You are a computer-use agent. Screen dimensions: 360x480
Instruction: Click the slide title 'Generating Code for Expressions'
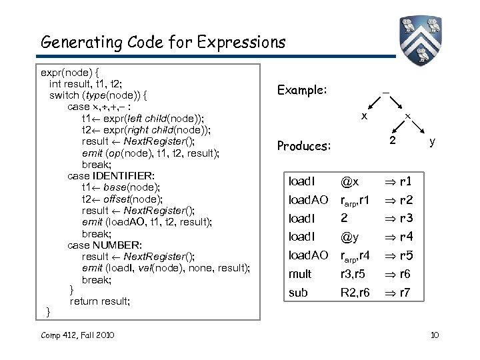[x=163, y=43]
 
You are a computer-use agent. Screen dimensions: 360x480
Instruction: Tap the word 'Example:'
[x=301, y=90]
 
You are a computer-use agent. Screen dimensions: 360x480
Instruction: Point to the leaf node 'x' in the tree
[x=363, y=115]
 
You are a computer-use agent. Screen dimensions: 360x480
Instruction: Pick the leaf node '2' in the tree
[x=393, y=141]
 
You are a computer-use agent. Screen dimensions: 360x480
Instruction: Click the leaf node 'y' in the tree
[x=433, y=141]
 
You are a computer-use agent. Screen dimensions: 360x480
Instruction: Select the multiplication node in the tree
[x=408, y=116]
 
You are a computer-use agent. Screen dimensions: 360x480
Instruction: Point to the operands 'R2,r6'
[x=356, y=293]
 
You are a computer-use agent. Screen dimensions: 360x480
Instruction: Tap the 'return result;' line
[x=100, y=301]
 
